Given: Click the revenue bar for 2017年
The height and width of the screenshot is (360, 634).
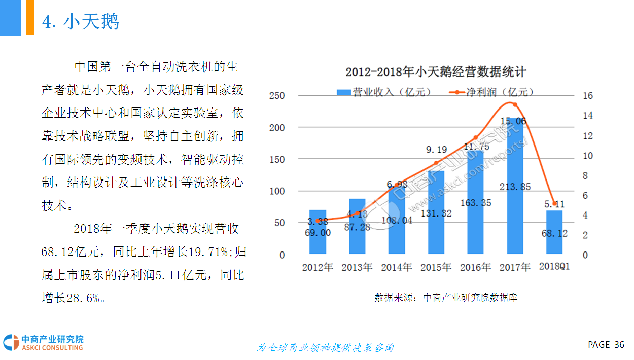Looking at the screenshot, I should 515,213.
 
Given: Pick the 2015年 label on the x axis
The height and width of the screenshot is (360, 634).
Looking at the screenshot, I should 436,267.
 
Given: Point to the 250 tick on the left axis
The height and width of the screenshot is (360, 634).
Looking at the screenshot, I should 276,96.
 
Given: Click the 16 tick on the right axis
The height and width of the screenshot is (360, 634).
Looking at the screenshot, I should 588,96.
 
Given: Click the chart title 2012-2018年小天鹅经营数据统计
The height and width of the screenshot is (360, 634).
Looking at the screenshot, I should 436,72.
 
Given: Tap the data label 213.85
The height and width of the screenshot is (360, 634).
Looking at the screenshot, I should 514,187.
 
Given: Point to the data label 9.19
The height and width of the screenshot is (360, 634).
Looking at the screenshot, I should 436,150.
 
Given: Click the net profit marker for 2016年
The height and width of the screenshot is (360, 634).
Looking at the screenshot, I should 476,137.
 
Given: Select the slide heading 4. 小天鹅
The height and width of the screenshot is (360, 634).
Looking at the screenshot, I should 81,22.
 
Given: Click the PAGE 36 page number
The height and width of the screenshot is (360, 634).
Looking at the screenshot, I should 606,345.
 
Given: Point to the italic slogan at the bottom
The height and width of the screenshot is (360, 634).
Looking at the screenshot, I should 325,348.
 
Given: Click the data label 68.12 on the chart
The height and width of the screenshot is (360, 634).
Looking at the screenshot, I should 554,234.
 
